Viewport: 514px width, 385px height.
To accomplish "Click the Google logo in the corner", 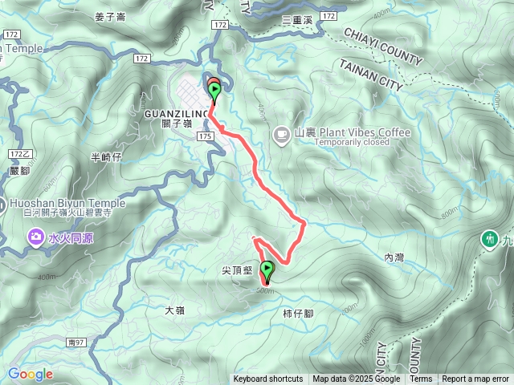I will pos(31,374).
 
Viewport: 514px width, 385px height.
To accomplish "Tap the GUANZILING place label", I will pos(177,115).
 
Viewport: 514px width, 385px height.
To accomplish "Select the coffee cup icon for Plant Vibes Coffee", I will pos(281,133).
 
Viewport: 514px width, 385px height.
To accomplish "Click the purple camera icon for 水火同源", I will pos(35,237).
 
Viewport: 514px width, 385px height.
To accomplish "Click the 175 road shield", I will pos(206,138).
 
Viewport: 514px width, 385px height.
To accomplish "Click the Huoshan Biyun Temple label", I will pos(68,203).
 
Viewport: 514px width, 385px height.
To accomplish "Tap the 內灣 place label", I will pos(394,257).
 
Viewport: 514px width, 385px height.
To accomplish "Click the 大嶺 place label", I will pos(175,310).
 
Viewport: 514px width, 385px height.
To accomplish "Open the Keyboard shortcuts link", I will pos(268,379).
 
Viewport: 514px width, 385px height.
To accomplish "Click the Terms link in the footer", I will pos(421,379).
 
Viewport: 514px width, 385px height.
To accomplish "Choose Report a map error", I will pos(475,379).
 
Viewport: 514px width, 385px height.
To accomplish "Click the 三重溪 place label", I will pos(297,18).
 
